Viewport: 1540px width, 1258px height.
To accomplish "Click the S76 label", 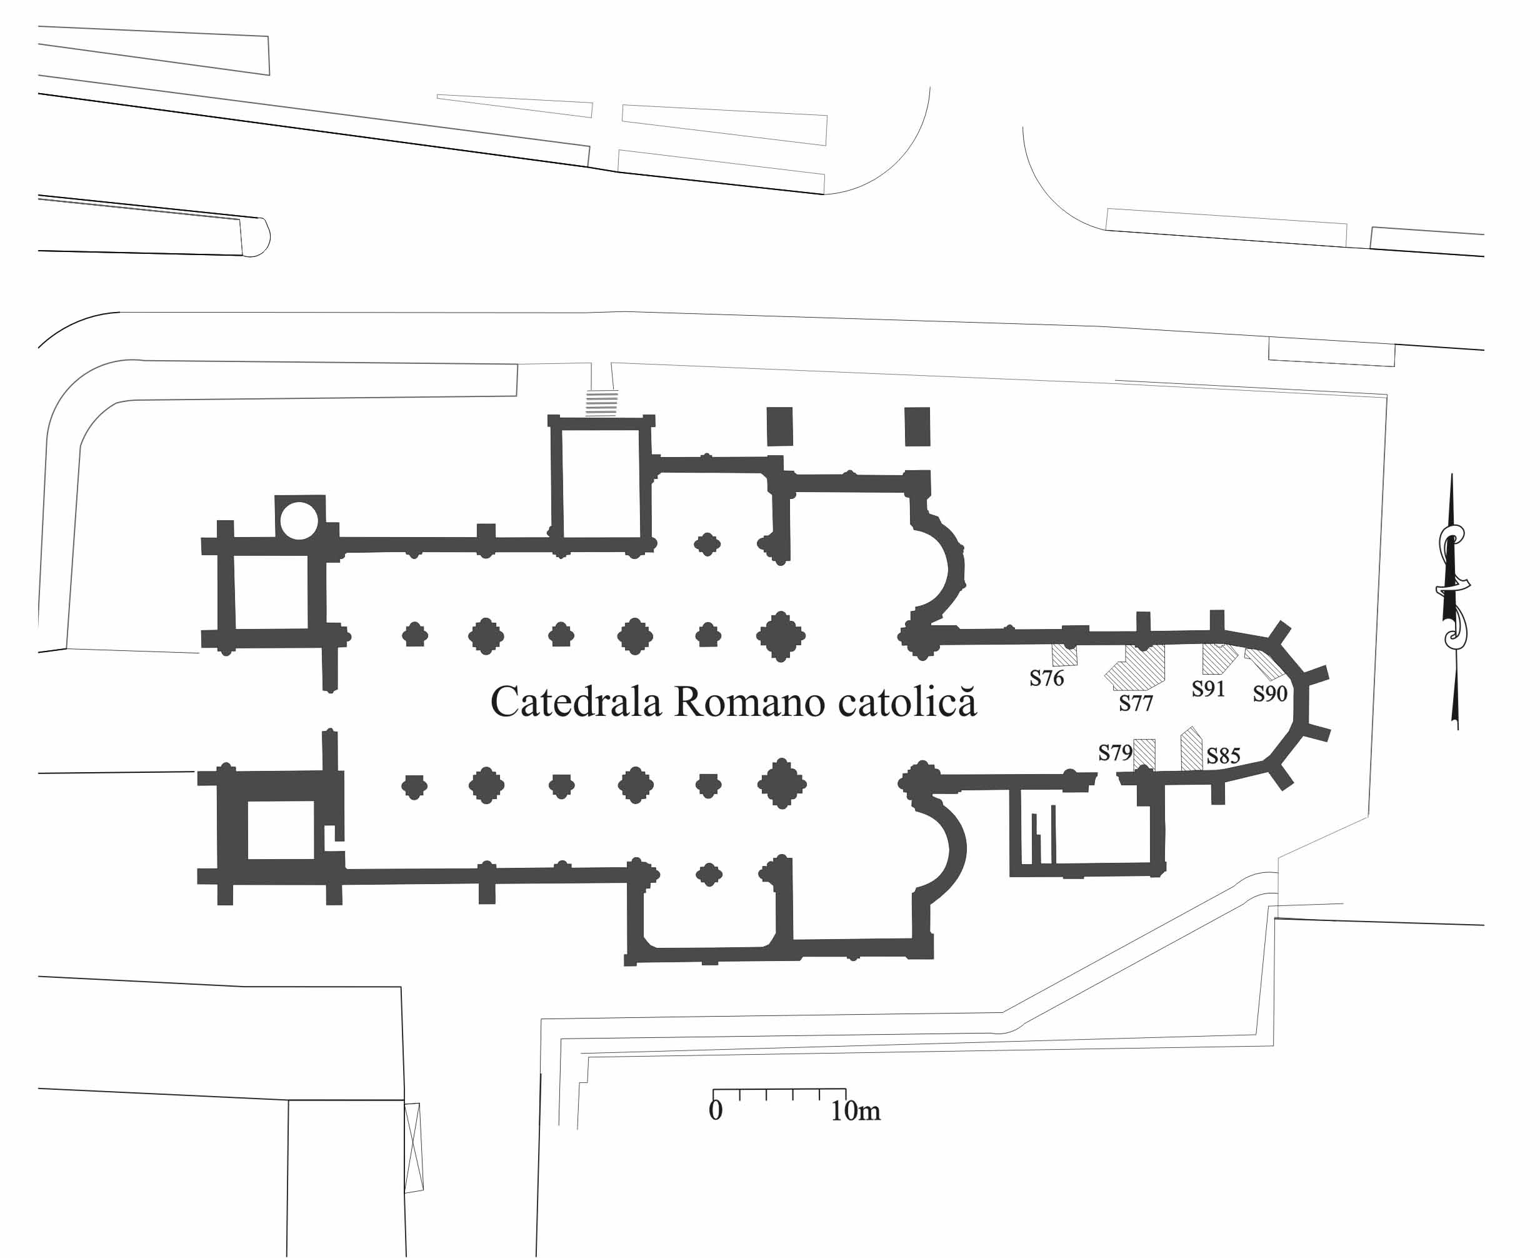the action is tap(1047, 678).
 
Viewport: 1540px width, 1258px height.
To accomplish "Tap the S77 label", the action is tap(1136, 703).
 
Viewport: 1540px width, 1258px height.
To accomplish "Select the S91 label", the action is tap(1208, 688).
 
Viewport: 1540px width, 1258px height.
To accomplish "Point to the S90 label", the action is tap(1270, 693).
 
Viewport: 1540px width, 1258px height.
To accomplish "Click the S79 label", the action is tap(1116, 753).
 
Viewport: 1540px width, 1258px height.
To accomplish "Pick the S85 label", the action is tap(1224, 756).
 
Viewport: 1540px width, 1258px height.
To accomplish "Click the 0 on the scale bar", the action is tap(716, 1110).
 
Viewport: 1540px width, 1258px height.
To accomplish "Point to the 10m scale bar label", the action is tap(856, 1110).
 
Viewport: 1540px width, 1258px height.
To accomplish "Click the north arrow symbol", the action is tap(1452, 601).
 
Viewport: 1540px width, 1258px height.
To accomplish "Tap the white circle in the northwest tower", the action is tap(299, 520).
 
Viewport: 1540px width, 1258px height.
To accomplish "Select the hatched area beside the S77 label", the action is tap(1136, 667).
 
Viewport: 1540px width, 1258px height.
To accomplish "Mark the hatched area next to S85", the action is tap(1192, 749).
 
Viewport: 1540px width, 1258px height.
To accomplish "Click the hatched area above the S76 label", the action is tap(1065, 655).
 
